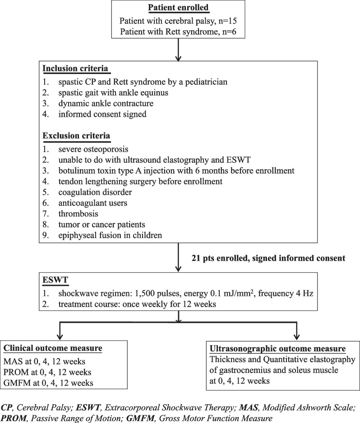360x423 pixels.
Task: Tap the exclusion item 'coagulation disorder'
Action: pos(93,192)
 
